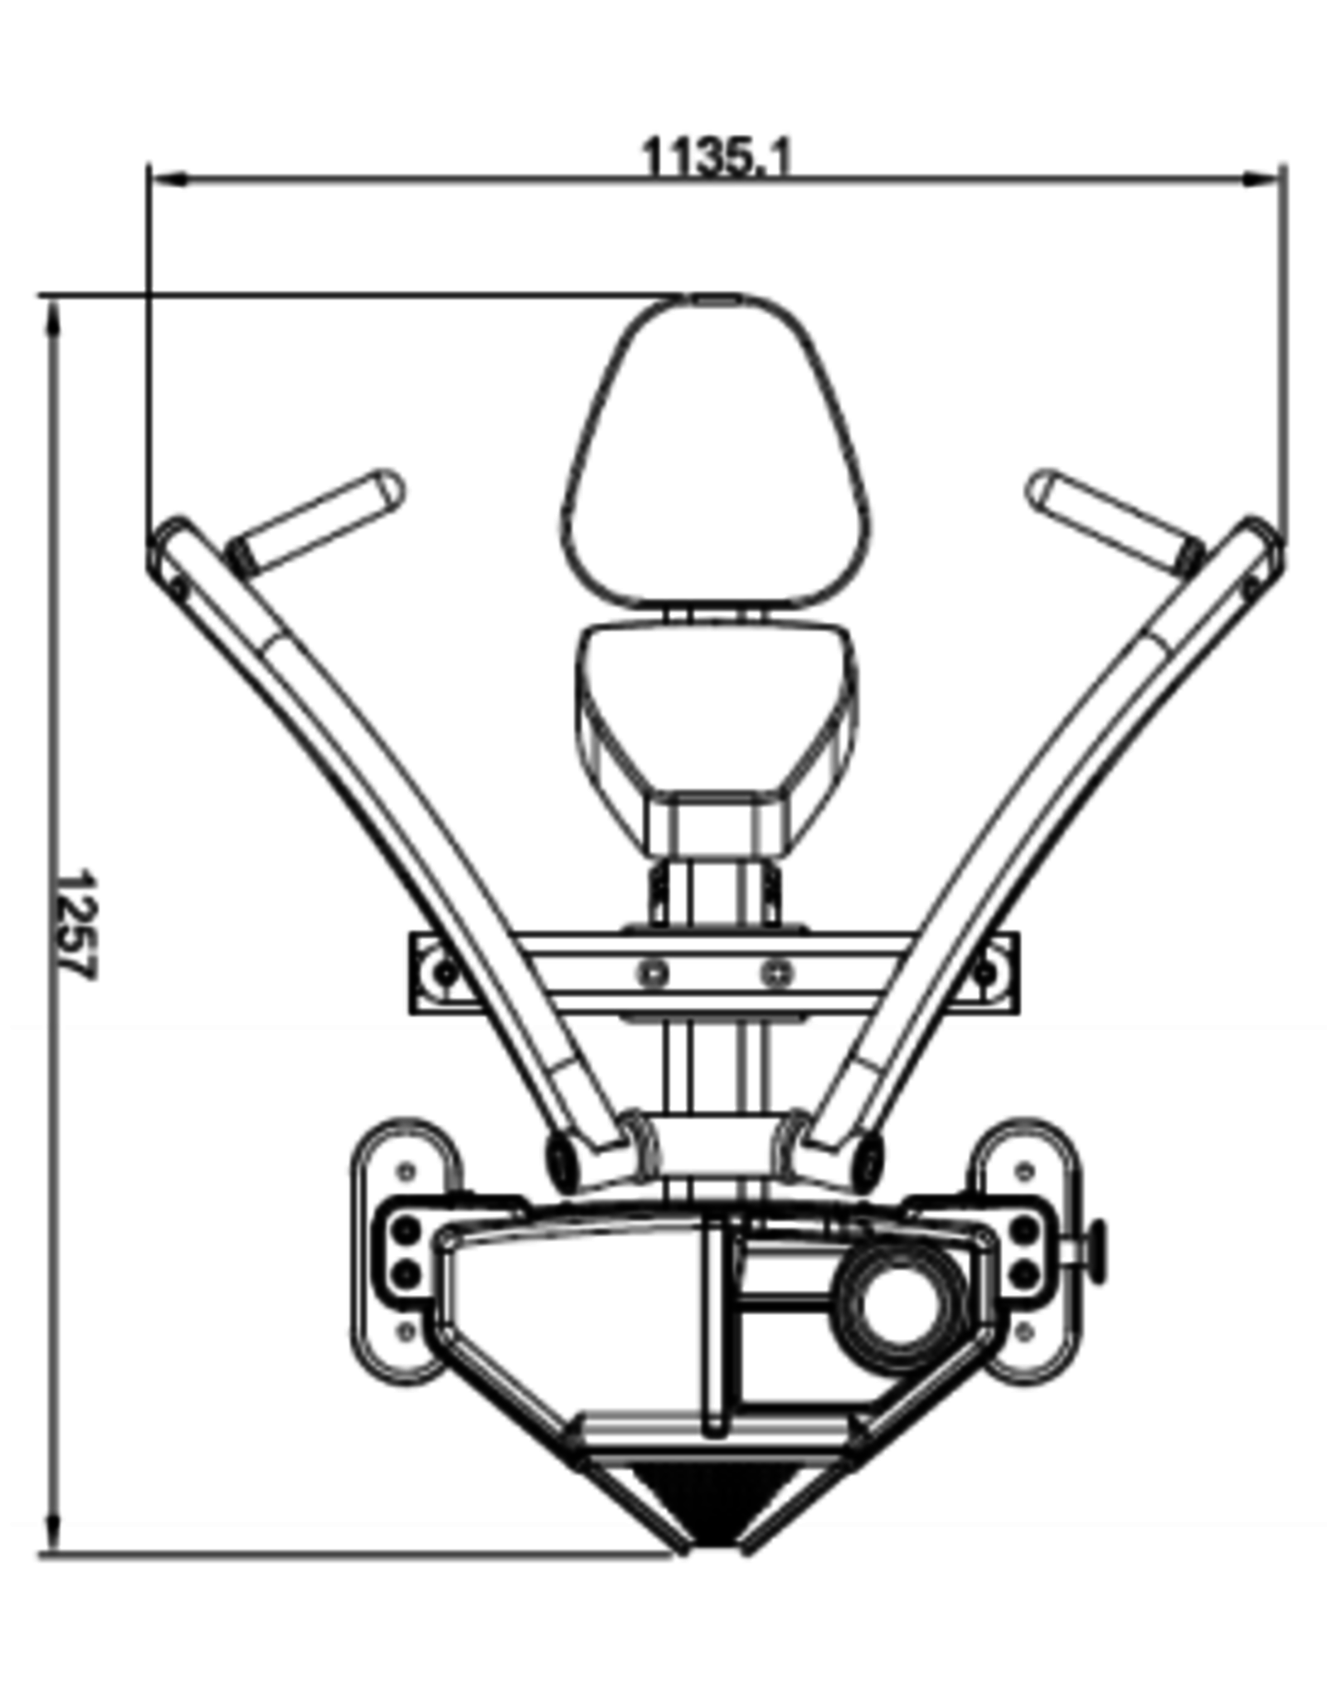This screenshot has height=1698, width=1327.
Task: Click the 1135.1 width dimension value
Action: [718, 157]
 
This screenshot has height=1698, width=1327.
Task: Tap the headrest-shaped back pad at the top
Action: [717, 452]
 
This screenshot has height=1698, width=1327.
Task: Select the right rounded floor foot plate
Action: [1028, 1251]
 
